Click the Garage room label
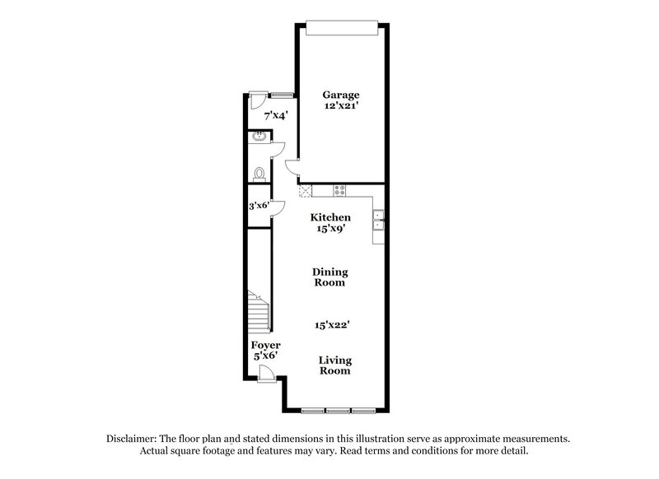[341, 95]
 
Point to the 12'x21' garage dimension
[341, 106]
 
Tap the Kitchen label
[330, 217]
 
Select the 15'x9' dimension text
[330, 229]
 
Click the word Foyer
[266, 345]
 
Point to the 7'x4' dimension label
[274, 117]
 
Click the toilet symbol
[259, 174]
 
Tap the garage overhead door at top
[342, 27]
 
